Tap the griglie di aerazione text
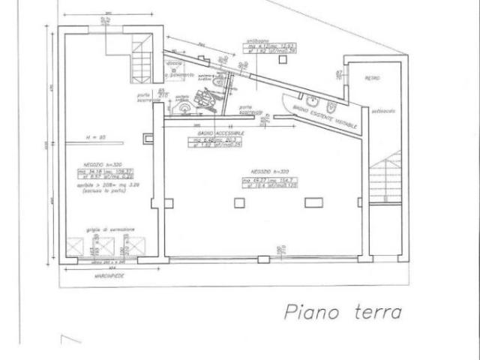point(110,229)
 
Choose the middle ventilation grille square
point(107,247)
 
